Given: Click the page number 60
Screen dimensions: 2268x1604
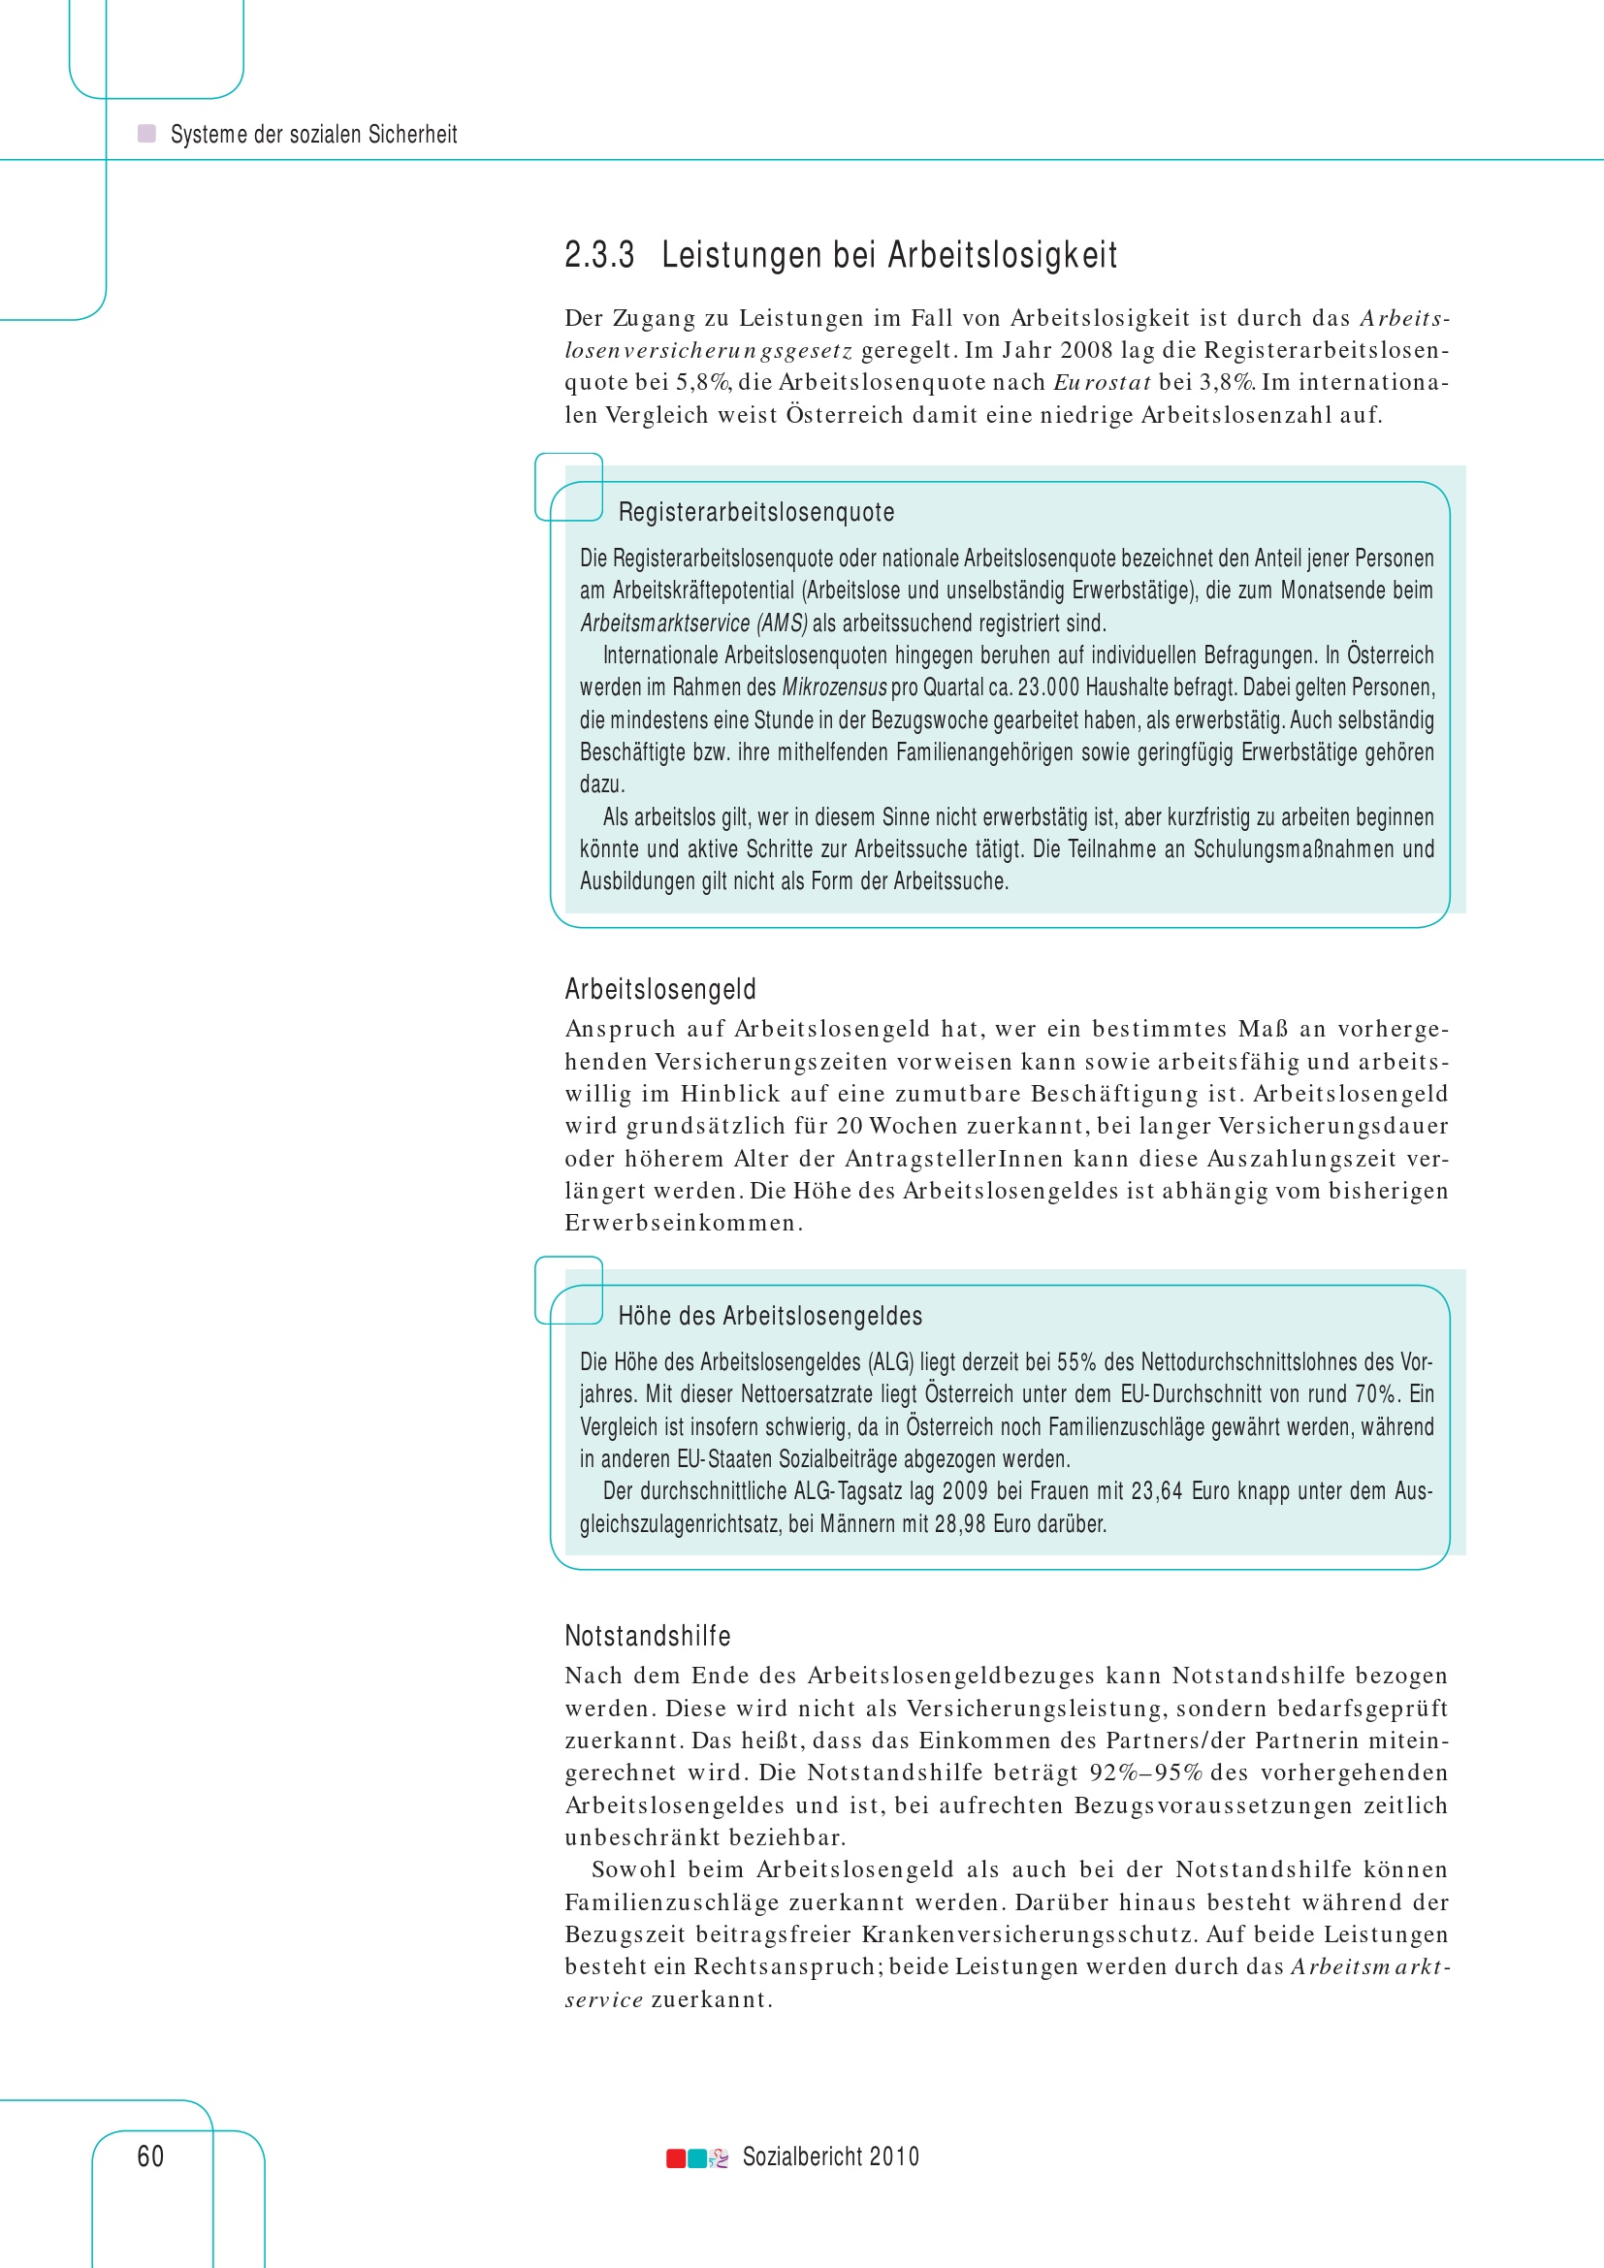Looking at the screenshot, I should (150, 2156).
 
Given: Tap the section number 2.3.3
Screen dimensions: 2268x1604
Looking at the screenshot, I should (598, 255).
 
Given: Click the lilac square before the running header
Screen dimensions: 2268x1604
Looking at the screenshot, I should (146, 134).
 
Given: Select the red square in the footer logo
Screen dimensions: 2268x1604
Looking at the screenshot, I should (676, 2157).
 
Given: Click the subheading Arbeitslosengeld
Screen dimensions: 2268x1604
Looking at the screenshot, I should (659, 989).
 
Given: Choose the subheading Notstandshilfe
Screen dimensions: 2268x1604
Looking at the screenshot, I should (647, 1636).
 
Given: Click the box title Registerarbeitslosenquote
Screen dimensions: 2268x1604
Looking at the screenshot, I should (755, 512).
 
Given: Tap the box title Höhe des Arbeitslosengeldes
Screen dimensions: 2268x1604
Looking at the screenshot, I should (769, 1316).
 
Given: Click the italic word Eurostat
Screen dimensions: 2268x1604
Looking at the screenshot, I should (1102, 382).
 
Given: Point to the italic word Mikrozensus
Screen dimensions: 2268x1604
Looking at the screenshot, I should (834, 687).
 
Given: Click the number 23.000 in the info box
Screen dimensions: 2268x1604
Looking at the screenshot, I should (1048, 687).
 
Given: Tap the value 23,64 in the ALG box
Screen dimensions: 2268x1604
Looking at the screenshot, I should (1157, 1490).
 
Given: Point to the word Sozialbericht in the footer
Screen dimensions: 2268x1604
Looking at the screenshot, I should (799, 2156).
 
